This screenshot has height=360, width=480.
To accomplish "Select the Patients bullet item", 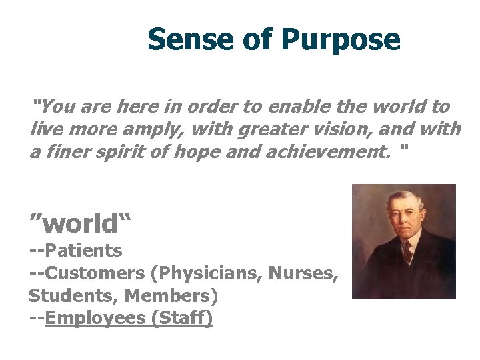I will click(x=83, y=251).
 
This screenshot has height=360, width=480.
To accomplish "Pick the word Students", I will click(x=71, y=295).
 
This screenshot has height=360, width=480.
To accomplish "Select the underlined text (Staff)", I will click(x=182, y=317).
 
